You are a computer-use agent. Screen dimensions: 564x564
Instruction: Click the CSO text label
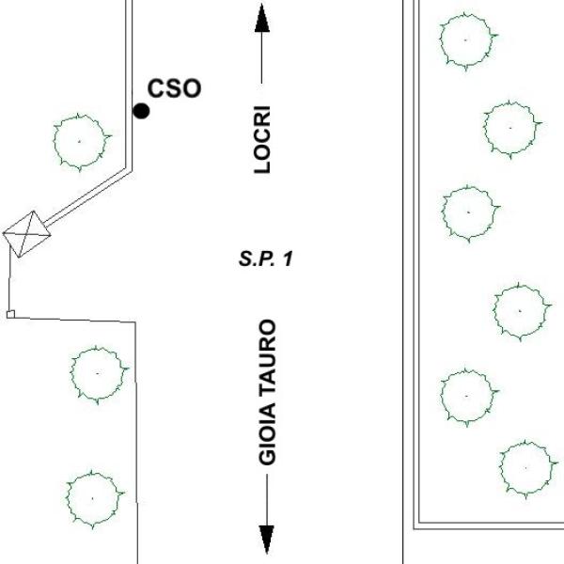(x=175, y=88)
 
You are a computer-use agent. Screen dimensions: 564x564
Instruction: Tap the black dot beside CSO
(x=141, y=111)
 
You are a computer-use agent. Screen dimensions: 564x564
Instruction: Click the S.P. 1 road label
(x=266, y=258)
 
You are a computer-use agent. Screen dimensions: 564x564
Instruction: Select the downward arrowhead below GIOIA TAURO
(x=267, y=540)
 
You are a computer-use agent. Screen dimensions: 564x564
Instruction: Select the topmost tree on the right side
(x=467, y=40)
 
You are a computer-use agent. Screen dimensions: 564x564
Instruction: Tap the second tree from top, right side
(x=511, y=127)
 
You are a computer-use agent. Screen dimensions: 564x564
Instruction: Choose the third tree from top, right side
(x=468, y=213)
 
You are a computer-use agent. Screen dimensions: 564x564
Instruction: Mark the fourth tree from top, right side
(x=520, y=311)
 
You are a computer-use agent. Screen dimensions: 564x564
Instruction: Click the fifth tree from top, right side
(x=467, y=396)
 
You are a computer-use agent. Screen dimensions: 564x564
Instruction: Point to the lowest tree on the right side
(x=525, y=467)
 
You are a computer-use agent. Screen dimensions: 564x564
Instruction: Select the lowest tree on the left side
(x=94, y=495)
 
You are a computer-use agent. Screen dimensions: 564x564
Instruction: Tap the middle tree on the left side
(x=98, y=373)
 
